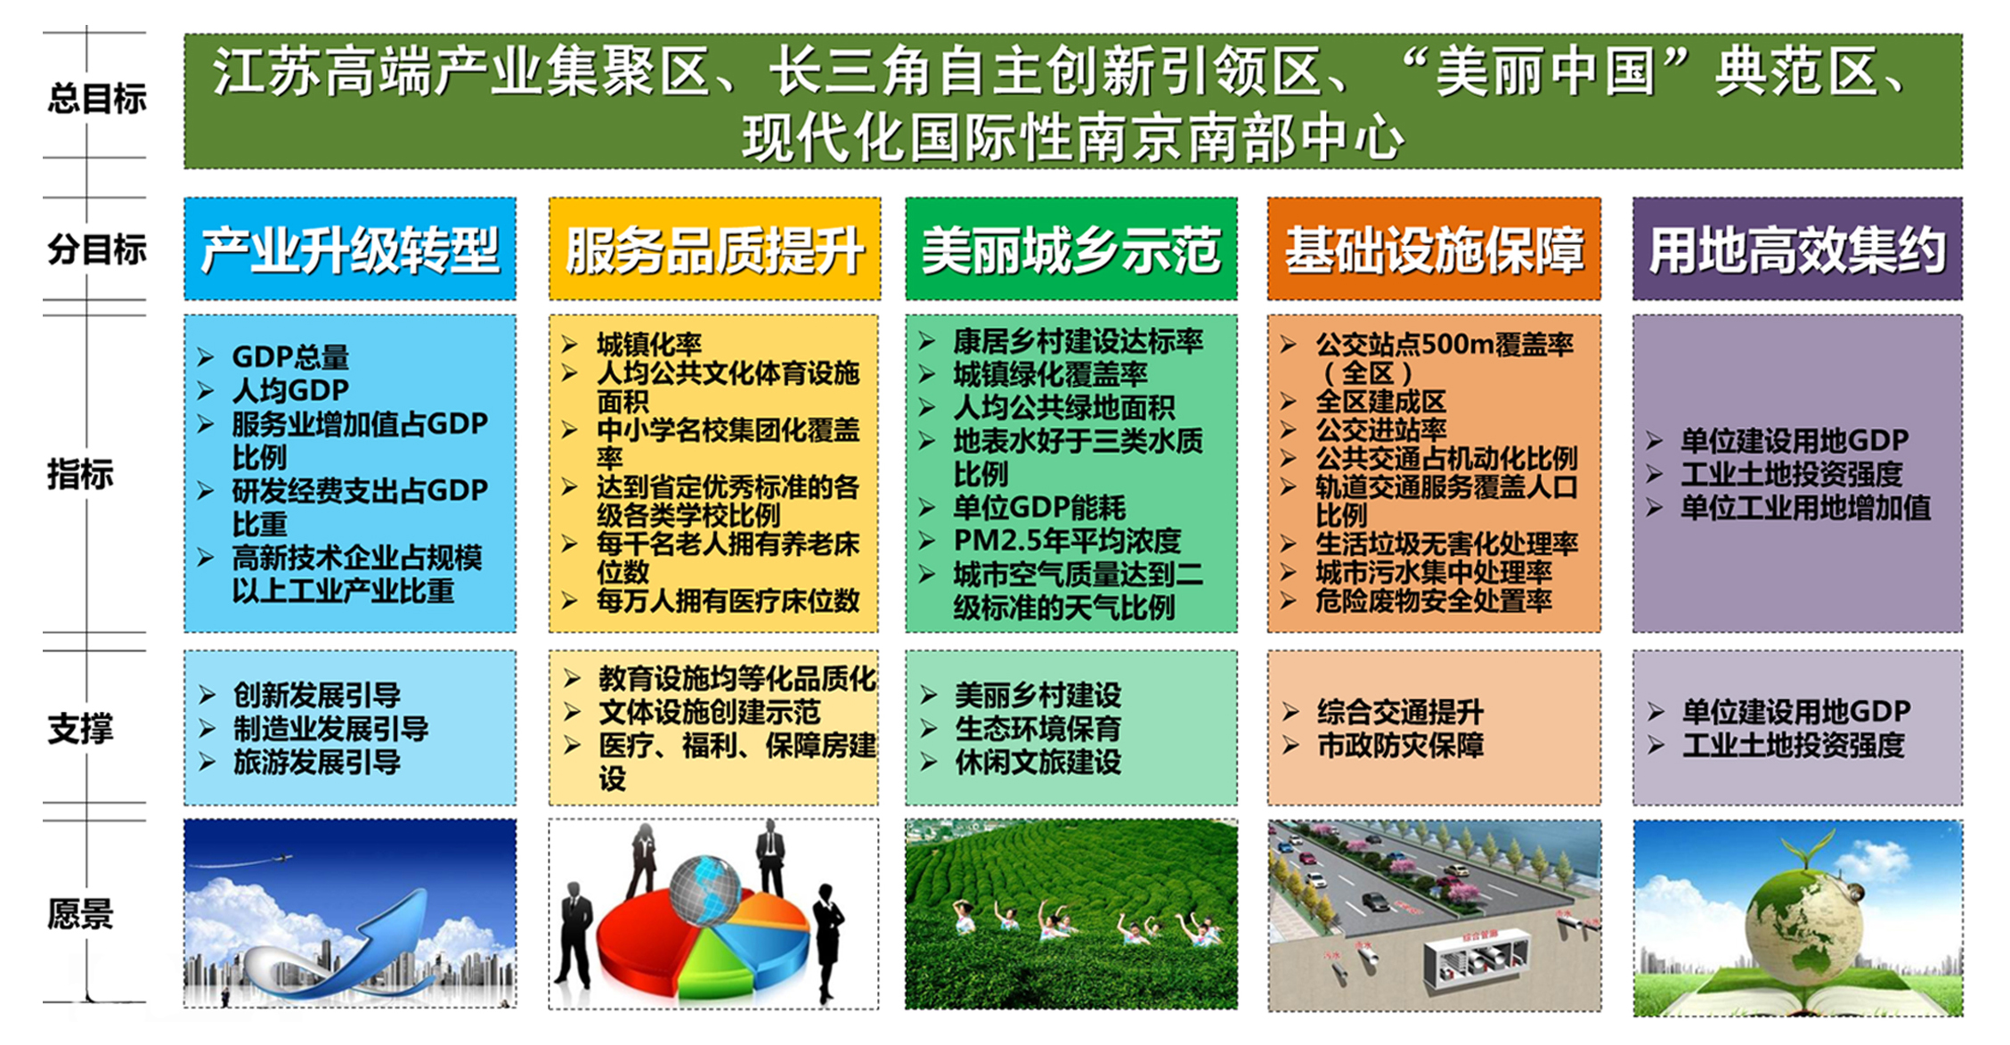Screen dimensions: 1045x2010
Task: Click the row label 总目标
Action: click(96, 98)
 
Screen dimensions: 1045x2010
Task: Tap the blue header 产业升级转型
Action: click(349, 249)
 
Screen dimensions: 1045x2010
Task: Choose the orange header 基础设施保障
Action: click(1434, 249)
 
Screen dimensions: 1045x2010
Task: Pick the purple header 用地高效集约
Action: click(1797, 249)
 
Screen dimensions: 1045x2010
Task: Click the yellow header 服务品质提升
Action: click(714, 249)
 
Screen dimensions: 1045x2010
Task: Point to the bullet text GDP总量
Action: click(290, 357)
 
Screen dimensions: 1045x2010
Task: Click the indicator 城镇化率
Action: click(648, 344)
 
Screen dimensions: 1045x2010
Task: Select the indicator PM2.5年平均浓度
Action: click(1066, 541)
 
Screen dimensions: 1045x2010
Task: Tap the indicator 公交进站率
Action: click(1381, 430)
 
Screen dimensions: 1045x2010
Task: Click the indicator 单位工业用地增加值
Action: click(1805, 508)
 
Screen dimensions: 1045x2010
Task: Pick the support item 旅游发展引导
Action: click(316, 763)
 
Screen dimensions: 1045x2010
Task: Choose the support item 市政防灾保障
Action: click(1400, 746)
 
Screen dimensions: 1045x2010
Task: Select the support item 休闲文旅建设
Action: click(1038, 763)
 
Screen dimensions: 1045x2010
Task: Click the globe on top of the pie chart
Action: click(704, 888)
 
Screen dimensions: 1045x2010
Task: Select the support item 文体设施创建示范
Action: click(709, 713)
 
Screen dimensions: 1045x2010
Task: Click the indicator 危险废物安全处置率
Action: click(1434, 601)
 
